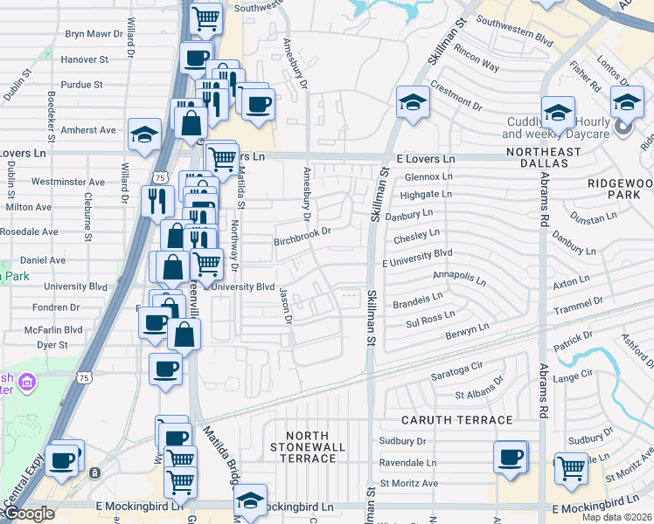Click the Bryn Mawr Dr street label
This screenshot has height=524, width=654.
pos(98,35)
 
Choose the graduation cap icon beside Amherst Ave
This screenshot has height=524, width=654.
pos(144,134)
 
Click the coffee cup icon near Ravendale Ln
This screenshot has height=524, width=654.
pos(511,457)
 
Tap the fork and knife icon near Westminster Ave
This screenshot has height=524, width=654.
pos(157,200)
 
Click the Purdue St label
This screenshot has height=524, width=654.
pos(82,85)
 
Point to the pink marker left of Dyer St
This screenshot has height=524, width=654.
pos(26,382)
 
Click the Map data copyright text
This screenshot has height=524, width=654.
pos(617,517)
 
